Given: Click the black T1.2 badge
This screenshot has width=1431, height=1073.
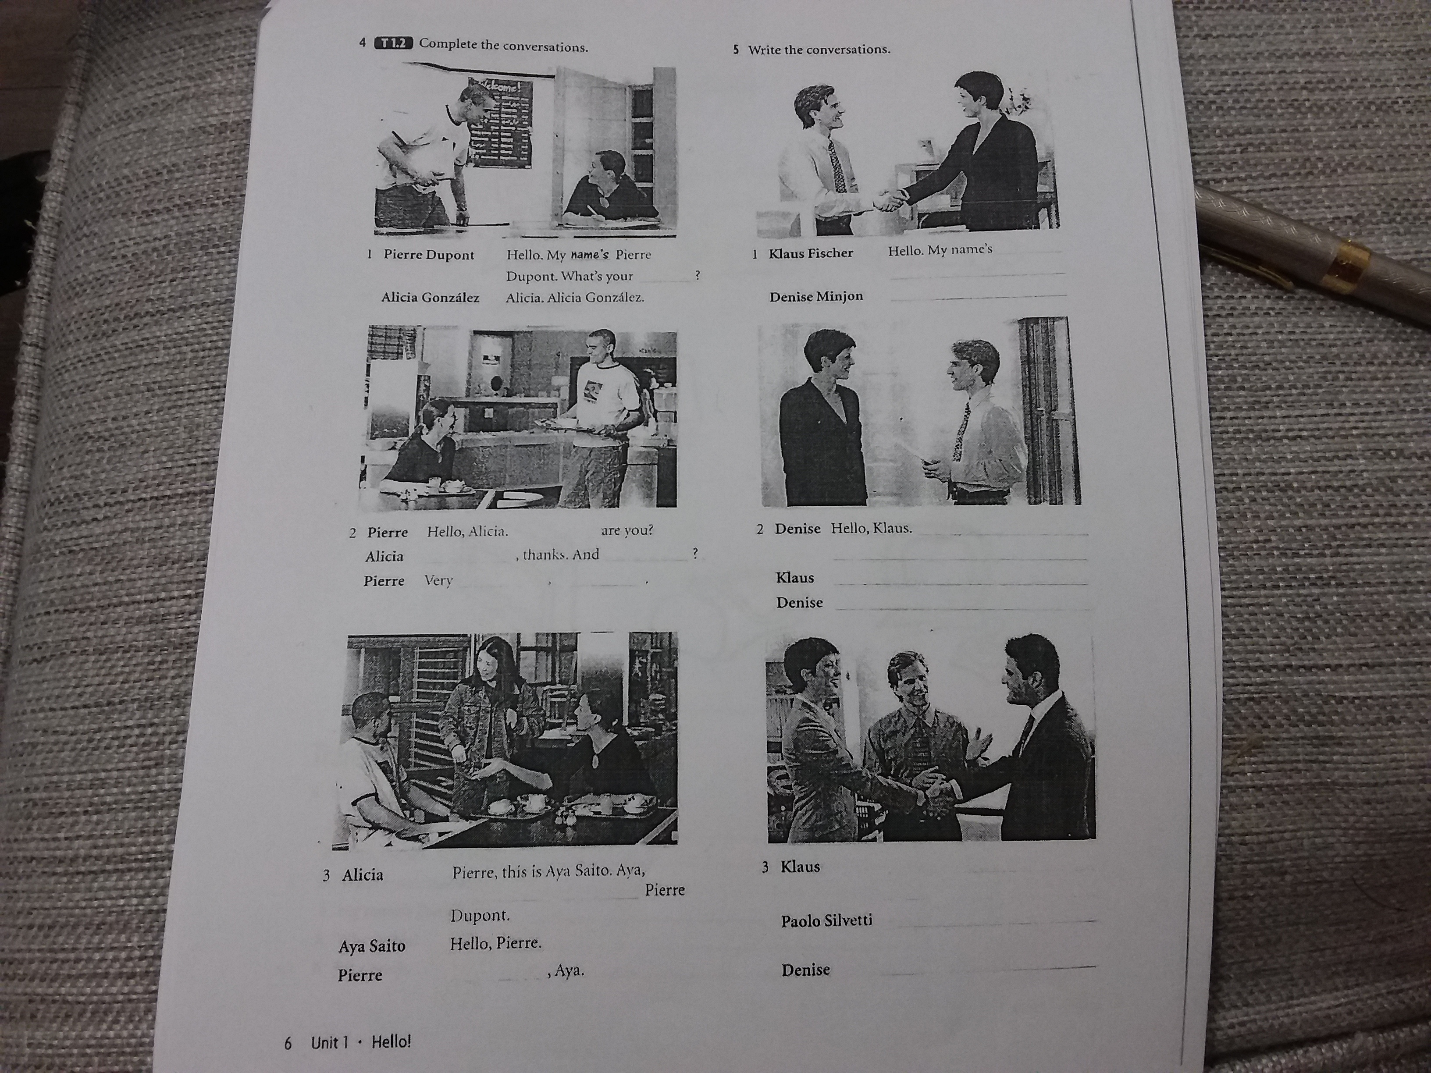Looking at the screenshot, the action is [393, 43].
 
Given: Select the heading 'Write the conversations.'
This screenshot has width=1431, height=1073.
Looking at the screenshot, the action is [819, 49].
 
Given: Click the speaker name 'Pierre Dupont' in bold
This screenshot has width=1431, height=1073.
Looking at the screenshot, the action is [429, 255].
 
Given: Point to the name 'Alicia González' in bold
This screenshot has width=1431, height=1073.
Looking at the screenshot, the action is [430, 298].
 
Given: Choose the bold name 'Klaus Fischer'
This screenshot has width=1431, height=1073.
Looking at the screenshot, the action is [811, 253].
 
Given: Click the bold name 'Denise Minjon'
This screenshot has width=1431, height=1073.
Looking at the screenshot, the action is [816, 296].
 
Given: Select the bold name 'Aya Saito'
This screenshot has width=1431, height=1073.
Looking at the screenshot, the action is [372, 946].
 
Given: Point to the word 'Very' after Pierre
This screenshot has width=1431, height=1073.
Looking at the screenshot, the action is [438, 580].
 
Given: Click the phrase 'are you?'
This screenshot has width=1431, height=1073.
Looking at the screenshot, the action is [627, 530].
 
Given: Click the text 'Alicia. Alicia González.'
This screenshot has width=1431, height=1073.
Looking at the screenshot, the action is [575, 298].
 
